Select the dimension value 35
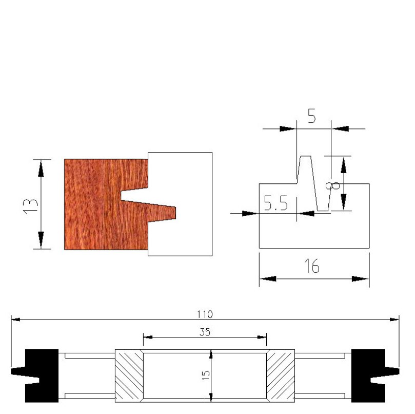tap(205, 332)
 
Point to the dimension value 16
tap(311, 267)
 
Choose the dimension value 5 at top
tap(311, 116)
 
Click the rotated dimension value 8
tap(335, 184)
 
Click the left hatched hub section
tap(128, 376)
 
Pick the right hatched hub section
tap(280, 376)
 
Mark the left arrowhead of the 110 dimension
tap(16, 319)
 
